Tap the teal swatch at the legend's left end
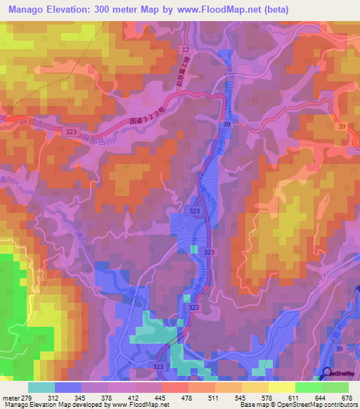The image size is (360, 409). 41,387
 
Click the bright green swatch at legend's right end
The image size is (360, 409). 335,387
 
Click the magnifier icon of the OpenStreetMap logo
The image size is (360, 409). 327,373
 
